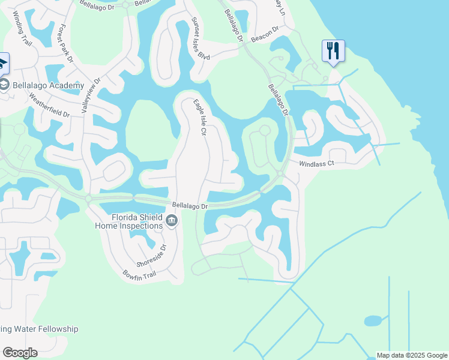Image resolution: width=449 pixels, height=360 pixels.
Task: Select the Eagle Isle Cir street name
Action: [x=199, y=117]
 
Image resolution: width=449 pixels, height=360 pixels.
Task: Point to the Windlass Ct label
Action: [x=316, y=164]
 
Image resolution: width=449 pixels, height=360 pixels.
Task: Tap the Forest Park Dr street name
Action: [x=64, y=43]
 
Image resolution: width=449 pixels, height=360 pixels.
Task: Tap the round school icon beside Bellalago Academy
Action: [x=4, y=85]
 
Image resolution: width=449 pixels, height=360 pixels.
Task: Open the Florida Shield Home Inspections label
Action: [x=128, y=221]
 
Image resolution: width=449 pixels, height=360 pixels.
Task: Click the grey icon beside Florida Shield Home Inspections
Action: [x=172, y=222]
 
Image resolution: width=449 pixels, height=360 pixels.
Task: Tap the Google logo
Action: [x=20, y=353]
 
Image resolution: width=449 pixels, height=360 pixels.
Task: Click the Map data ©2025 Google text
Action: [x=412, y=355]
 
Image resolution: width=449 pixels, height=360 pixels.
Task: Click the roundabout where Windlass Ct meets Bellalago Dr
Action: [x=280, y=174]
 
